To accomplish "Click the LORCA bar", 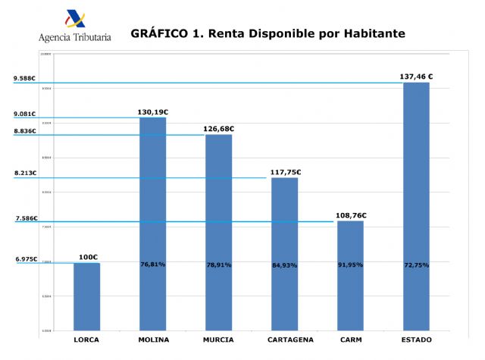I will pos(86,296).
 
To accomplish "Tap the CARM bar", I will pos(350,276).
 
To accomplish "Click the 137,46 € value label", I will pos(416,76).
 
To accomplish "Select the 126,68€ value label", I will pos(219,129).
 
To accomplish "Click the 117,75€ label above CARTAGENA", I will pos(285,172).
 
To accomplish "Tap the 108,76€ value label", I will pos(351,215).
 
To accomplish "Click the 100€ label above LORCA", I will pos(88,257).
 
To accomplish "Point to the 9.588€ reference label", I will pos(25,79).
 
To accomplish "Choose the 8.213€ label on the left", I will pos(25,174).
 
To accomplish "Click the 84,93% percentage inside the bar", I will pos(284,265).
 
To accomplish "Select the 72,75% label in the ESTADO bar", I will pos(416,265).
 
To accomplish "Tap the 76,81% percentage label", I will pos(152,265).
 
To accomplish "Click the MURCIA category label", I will pos(218,340).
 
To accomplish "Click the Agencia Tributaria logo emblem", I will pos(76,19).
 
